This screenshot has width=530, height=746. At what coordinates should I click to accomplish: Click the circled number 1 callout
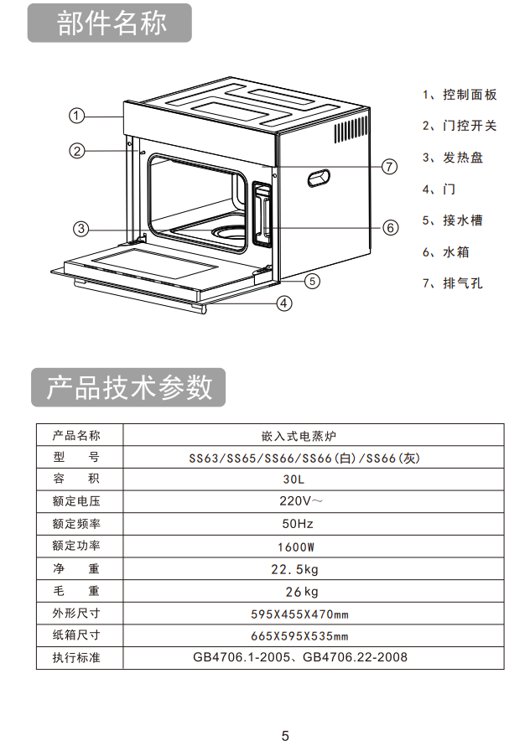click(x=76, y=116)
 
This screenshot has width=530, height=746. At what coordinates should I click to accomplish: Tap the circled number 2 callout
click(x=77, y=151)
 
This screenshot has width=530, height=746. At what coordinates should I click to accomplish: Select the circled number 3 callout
click(x=81, y=229)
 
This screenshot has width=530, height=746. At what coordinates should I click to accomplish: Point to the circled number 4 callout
click(x=284, y=303)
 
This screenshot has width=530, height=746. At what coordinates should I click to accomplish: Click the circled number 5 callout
click(x=312, y=281)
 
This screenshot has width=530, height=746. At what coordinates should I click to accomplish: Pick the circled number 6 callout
click(x=391, y=227)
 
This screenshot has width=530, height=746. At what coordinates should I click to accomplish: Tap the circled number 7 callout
click(x=389, y=167)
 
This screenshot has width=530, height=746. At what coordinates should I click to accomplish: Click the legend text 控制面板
click(x=470, y=95)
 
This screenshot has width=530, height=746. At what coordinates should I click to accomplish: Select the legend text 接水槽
click(x=463, y=220)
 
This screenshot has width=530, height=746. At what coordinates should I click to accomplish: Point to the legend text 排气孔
click(x=463, y=283)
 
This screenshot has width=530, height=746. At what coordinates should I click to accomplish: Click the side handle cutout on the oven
click(x=319, y=178)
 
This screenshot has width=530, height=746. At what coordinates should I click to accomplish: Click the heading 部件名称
click(x=112, y=23)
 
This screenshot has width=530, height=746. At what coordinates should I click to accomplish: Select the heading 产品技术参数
click(x=129, y=386)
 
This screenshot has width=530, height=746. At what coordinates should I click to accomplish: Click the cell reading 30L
click(x=294, y=479)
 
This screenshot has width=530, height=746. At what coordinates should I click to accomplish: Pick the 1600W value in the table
click(x=296, y=547)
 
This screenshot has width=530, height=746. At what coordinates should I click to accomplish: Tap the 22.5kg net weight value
click(x=294, y=569)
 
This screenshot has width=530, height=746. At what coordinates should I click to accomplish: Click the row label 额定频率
click(x=76, y=524)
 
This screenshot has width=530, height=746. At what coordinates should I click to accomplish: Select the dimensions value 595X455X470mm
click(x=300, y=614)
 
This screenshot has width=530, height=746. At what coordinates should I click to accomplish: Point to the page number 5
click(x=285, y=736)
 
